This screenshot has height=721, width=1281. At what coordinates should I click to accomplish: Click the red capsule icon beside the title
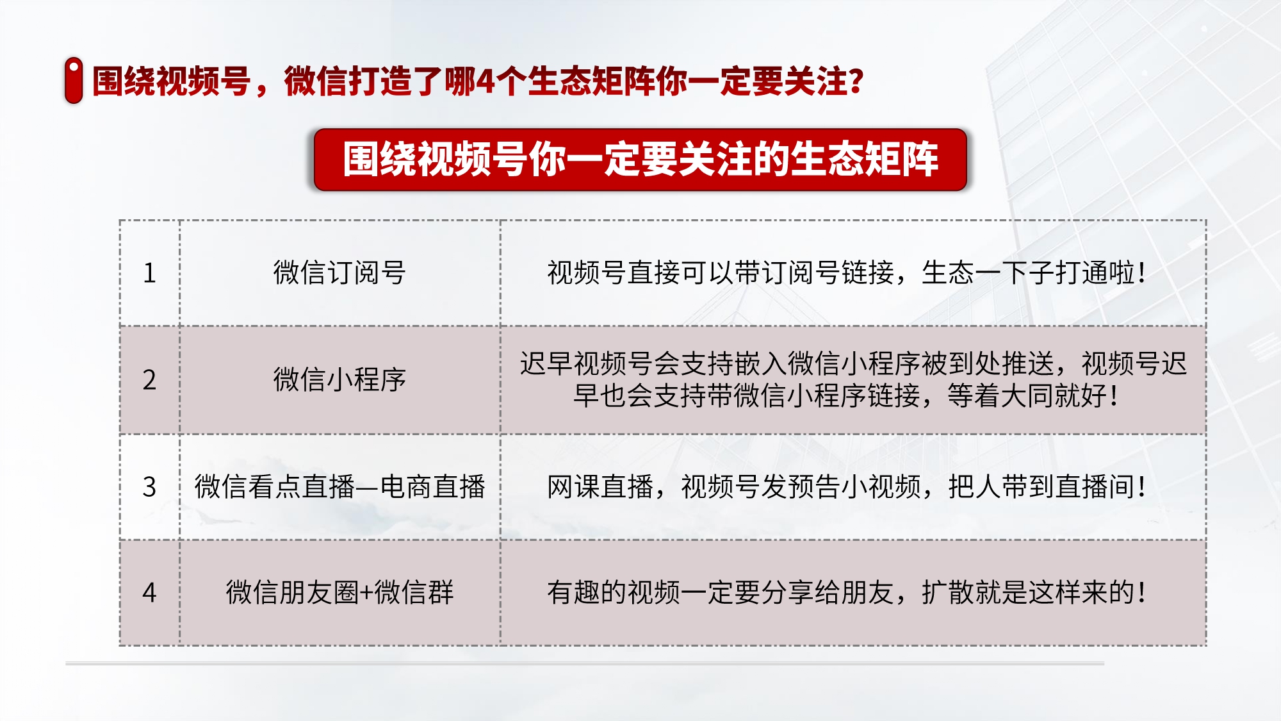coord(74,80)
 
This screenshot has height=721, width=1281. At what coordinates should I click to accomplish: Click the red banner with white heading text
coord(640,160)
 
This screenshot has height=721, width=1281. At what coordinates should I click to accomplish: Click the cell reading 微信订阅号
coord(339,272)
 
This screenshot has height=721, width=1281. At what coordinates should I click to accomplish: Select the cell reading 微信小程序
coord(339,379)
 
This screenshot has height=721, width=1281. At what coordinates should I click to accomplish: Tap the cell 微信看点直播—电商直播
coord(339,486)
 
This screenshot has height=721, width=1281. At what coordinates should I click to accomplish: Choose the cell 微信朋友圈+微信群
coord(339,592)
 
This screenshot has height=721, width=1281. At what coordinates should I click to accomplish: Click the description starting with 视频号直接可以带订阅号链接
coord(846,272)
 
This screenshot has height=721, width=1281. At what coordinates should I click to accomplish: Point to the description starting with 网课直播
coord(846,486)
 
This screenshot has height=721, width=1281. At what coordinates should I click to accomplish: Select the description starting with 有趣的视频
coord(846,592)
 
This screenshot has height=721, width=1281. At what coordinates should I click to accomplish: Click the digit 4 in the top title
coord(486,82)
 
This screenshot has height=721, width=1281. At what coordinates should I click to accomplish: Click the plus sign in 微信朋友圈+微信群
coord(366,593)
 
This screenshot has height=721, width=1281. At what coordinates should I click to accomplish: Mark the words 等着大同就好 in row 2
coord(1027,395)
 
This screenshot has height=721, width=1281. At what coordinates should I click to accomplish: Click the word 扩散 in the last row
coord(948,592)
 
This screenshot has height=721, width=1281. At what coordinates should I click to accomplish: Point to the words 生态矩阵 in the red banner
coord(864,160)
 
